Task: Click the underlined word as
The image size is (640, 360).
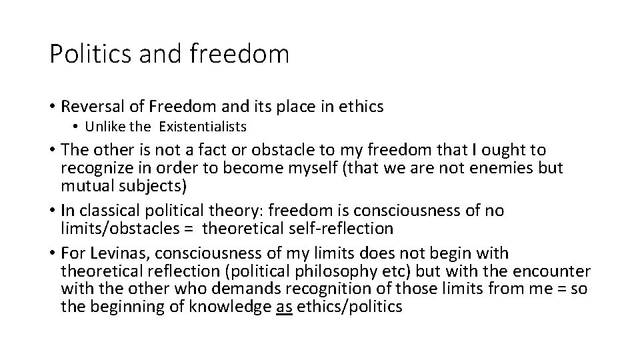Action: pyautogui.click(x=283, y=306)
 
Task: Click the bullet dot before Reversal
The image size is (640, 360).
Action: pyautogui.click(x=51, y=106)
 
